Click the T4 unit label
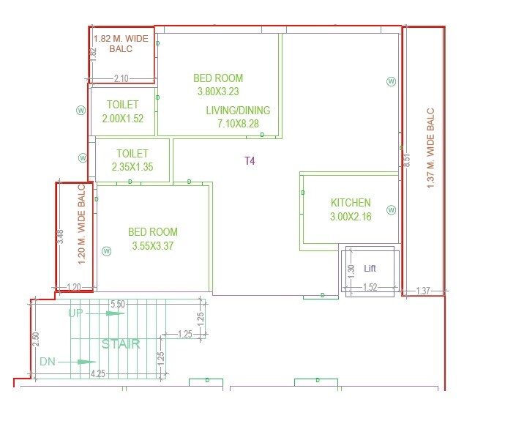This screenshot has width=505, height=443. tap(250, 160)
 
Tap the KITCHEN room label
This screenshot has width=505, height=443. tap(351, 203)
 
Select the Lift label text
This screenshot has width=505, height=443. tap(370, 269)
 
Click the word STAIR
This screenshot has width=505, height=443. tap(121, 343)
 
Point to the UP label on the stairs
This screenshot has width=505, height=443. tap(76, 313)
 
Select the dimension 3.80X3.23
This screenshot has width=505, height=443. tap(218, 92)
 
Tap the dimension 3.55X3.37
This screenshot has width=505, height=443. tap(153, 246)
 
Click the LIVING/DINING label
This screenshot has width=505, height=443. tap(238, 111)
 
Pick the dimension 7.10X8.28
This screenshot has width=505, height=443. tap(238, 124)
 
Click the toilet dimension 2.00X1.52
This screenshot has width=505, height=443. tap(122, 118)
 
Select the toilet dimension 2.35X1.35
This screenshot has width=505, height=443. tap(132, 167)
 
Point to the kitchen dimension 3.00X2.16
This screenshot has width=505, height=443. tap(351, 217)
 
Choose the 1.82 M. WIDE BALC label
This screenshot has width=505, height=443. tap(121, 43)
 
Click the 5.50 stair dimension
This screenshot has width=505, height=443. tap(117, 304)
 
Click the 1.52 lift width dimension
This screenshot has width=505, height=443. tap(370, 288)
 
